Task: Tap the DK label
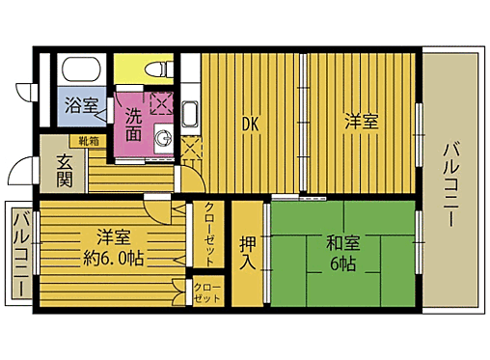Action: click(249, 123)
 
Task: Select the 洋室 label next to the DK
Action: click(362, 123)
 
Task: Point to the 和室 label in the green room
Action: click(340, 242)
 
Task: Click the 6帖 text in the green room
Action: click(340, 263)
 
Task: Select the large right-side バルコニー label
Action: click(450, 183)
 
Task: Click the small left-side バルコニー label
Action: click(19, 255)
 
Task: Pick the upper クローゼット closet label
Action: click(209, 234)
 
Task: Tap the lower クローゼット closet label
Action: click(207, 293)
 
